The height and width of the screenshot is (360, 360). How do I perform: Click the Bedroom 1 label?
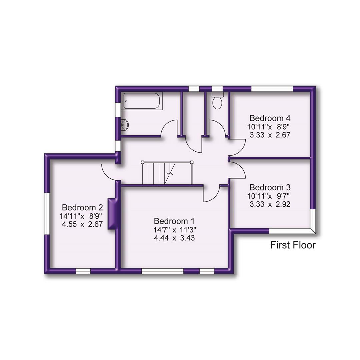[x=174, y=221]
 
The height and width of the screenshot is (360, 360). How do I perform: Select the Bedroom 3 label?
[x=270, y=187]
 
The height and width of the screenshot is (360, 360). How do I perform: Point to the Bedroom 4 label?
[x=270, y=118]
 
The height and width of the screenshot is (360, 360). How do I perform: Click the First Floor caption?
[x=293, y=246]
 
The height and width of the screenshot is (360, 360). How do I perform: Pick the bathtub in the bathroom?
[x=142, y=101]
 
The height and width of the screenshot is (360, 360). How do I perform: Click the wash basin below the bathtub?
[x=125, y=125]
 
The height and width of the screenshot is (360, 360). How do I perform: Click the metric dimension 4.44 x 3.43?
[x=175, y=238]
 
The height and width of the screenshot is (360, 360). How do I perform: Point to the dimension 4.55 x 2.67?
[x=82, y=224]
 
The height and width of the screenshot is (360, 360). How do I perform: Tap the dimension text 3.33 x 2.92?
[x=270, y=204]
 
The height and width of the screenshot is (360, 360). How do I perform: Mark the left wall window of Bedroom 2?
[x=47, y=213]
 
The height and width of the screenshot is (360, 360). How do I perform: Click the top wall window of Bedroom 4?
[x=272, y=89]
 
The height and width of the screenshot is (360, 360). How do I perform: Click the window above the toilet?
[x=217, y=89]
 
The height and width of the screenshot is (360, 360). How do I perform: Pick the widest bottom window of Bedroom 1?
[x=162, y=271]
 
